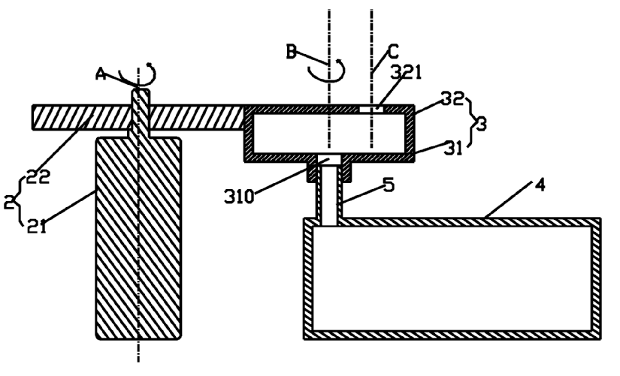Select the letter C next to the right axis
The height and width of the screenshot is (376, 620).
tap(392, 53)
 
